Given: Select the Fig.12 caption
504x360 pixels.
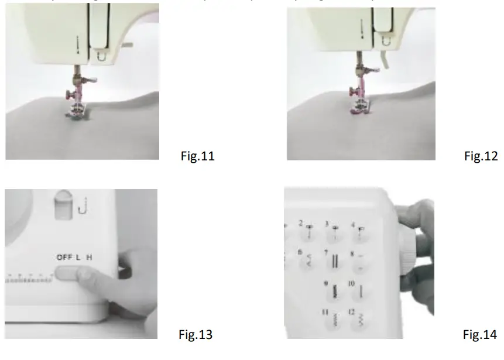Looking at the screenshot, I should click(x=481, y=157).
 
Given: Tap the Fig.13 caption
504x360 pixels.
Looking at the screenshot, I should click(x=196, y=335).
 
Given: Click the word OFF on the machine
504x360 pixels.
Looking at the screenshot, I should click(x=64, y=257).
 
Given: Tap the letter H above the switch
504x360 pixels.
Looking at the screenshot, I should click(x=89, y=257).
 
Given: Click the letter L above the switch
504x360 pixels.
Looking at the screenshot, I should click(x=78, y=257).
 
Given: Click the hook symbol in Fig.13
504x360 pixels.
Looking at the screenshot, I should click(x=86, y=205).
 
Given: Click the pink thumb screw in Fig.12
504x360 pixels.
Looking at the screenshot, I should click(x=353, y=90).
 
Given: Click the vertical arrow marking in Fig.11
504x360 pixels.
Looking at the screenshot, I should click(x=77, y=44).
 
